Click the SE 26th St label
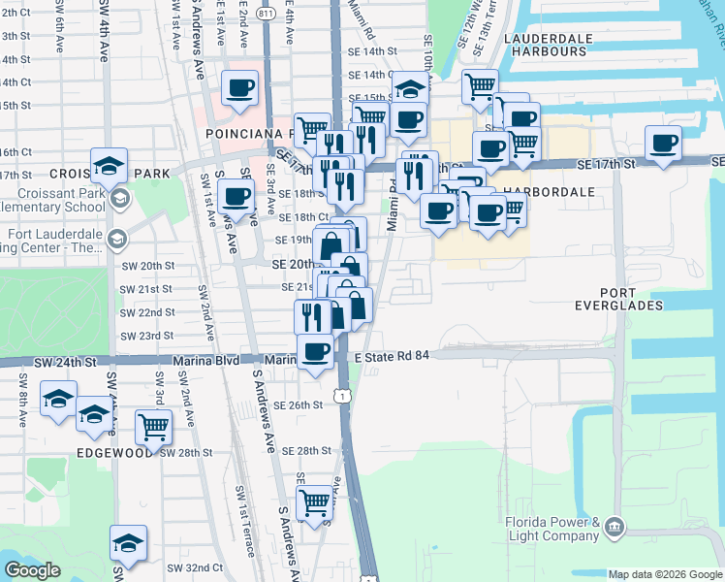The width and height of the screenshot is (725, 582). coord(298,405)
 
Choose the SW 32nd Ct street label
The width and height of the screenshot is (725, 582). coord(188,567)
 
